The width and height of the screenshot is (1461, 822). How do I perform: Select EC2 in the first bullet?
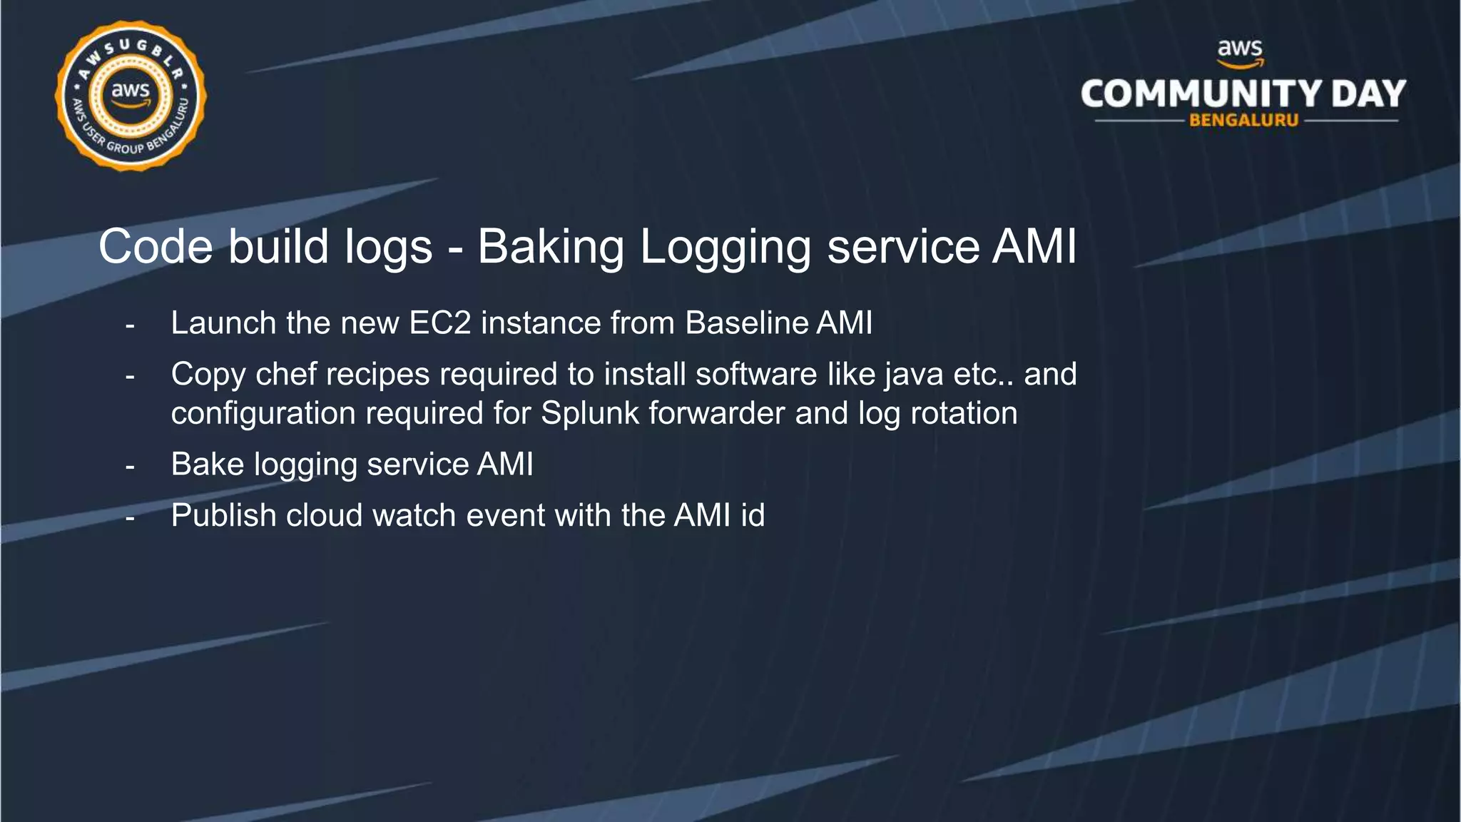[439, 323]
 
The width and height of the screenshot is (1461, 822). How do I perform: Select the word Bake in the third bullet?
[208, 465]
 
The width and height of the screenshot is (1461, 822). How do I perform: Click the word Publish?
[223, 515]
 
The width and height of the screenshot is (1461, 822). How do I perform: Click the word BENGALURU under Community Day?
[1243, 121]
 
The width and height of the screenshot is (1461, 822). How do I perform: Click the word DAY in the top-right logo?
[1368, 94]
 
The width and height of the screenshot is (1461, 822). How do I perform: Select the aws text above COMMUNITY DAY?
[1240, 49]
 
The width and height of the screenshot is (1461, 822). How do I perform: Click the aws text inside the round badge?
[131, 91]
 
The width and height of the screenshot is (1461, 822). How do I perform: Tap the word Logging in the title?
[726, 247]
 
